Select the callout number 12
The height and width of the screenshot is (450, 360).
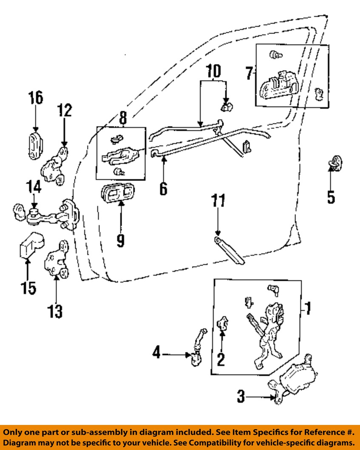click(x=64, y=111)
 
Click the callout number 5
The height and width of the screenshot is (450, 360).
click(x=331, y=196)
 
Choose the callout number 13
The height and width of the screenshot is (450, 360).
click(x=55, y=311)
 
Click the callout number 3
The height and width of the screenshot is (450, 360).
click(x=241, y=397)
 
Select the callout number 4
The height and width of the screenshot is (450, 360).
click(x=156, y=353)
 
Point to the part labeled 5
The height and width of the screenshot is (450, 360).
click(x=335, y=163)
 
